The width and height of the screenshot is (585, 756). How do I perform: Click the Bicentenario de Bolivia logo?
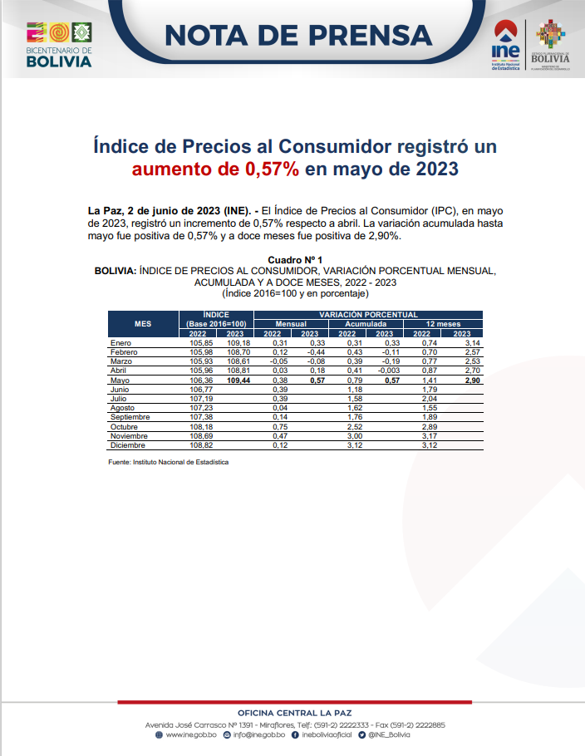click(x=59, y=45)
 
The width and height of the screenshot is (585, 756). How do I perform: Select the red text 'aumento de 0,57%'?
click(x=216, y=170)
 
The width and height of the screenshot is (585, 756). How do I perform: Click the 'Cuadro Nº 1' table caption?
click(x=295, y=260)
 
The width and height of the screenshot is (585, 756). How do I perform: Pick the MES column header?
click(x=143, y=323)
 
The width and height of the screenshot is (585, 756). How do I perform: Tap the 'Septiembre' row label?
click(x=132, y=417)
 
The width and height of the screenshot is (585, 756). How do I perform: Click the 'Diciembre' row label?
click(x=129, y=445)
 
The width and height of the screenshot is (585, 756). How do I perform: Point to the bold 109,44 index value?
click(x=238, y=380)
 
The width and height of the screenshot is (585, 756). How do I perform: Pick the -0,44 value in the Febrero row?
click(x=312, y=352)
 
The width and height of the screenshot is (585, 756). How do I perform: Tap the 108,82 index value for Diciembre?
click(x=201, y=445)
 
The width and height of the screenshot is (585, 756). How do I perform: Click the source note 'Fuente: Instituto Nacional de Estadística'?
click(x=168, y=462)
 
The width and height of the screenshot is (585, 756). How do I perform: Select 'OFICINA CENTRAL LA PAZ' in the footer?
click(x=294, y=713)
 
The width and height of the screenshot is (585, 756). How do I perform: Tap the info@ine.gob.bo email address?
click(x=259, y=734)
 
